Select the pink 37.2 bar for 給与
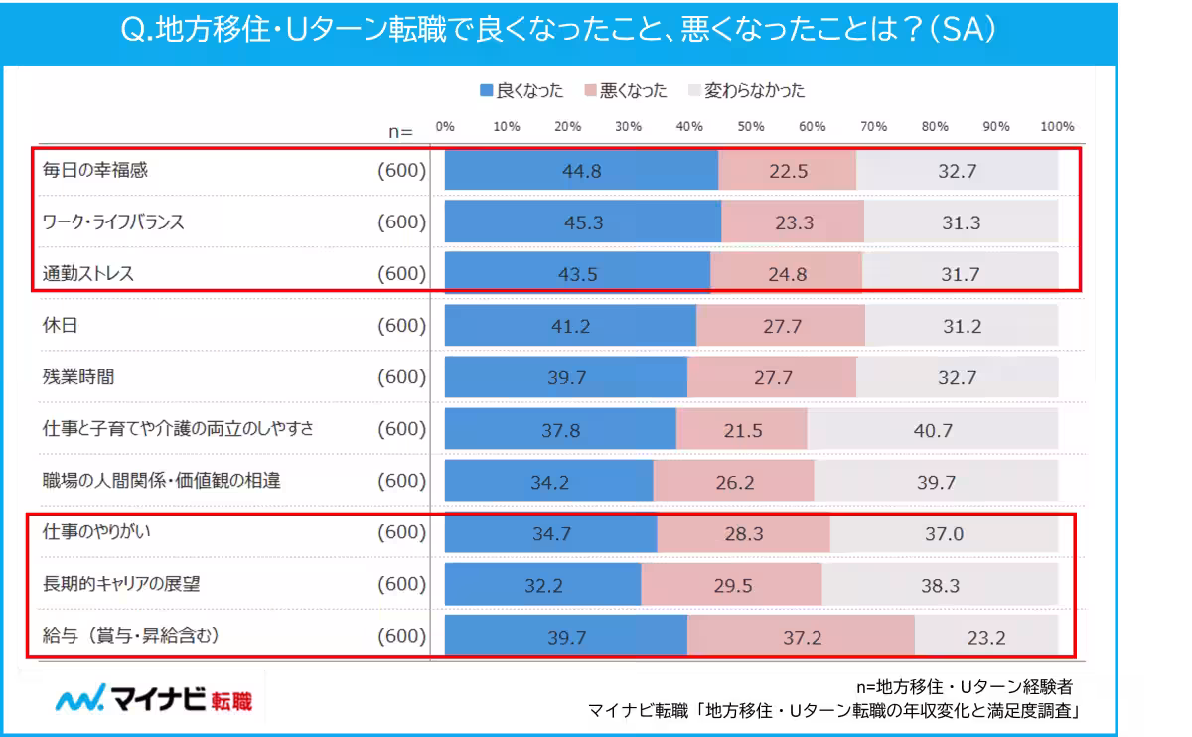(801, 637)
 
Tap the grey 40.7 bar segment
(932, 429)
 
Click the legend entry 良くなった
(521, 91)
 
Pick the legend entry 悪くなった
(626, 91)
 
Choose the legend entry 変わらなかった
(746, 91)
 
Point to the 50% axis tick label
(751, 127)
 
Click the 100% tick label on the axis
(1057, 127)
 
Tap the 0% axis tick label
(445, 127)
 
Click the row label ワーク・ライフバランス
(113, 222)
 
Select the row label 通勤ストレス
(88, 274)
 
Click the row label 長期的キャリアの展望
(121, 584)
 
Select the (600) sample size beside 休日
(401, 326)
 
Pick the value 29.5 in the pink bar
(733, 585)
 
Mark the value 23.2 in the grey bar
(987, 637)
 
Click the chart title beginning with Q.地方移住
(558, 32)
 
